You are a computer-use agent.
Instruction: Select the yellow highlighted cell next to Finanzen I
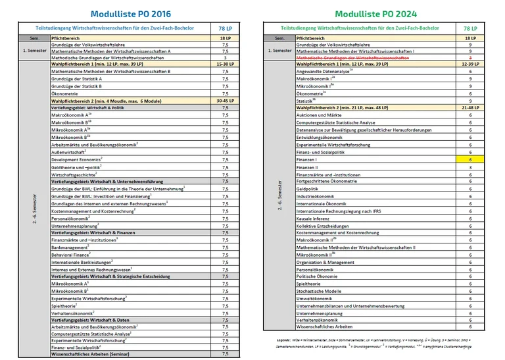[471, 160]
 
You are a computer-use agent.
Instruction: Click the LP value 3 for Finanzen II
[471, 168]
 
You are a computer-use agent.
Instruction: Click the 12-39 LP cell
[471, 64]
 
